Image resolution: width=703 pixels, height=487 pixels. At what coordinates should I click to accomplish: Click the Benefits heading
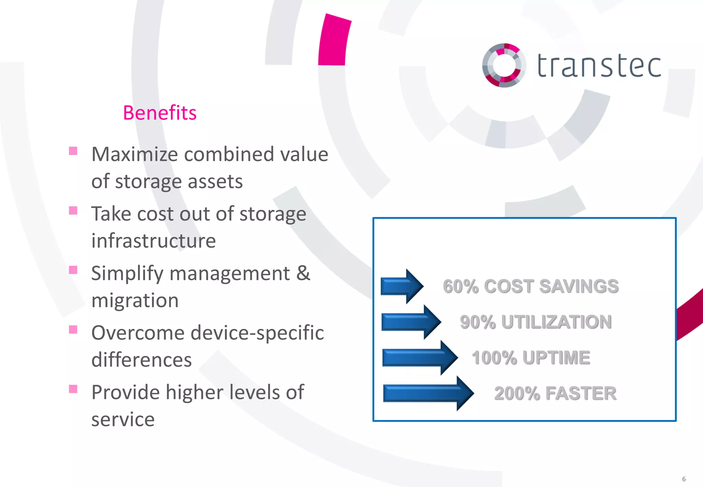point(160,113)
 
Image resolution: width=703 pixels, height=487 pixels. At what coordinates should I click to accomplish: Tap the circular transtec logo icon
point(504,65)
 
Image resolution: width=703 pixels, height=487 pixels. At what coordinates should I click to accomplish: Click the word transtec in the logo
point(599,66)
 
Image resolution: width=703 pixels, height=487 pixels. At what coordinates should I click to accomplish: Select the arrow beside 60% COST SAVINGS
point(402,286)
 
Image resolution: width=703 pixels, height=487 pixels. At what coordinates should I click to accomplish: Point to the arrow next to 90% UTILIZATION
point(411,322)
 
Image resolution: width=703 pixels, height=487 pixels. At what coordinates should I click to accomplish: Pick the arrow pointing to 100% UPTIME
point(419,358)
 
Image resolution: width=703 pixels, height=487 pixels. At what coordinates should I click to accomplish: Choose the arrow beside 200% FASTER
point(428,393)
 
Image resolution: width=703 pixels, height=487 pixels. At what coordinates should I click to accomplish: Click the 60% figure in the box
point(460,286)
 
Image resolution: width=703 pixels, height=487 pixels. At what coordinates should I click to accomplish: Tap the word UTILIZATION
point(556,322)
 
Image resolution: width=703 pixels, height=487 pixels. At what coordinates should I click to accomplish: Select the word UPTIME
point(556,358)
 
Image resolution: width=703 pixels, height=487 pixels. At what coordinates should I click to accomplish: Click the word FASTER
point(581,393)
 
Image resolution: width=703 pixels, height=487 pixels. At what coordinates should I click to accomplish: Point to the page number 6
point(684,479)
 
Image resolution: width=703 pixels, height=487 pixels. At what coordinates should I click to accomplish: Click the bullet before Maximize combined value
point(73,151)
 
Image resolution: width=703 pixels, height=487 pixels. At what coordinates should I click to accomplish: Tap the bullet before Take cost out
point(73,211)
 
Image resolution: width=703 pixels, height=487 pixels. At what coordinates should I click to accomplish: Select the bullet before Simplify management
point(73,270)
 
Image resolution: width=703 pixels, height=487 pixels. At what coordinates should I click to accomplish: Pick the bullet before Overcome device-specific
point(73,330)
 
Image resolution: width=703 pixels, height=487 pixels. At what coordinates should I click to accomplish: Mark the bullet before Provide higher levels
point(73,389)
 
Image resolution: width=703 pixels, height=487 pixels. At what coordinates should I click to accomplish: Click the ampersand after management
point(303,273)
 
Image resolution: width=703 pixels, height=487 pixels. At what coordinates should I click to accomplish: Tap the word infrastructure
point(153,240)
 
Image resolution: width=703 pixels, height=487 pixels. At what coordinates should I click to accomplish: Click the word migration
point(135,300)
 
